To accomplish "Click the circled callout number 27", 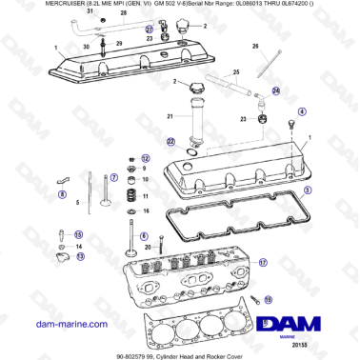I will pos(150,30).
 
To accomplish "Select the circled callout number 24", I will pos(276,91).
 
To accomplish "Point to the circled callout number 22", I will pos(170,141).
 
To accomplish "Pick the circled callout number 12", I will pos(146,158).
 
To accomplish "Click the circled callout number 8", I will pos(63,194).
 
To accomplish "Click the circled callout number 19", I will pos(268,299).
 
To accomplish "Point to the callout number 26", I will pos(255,46).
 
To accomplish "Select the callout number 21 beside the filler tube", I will pos(171,116).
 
